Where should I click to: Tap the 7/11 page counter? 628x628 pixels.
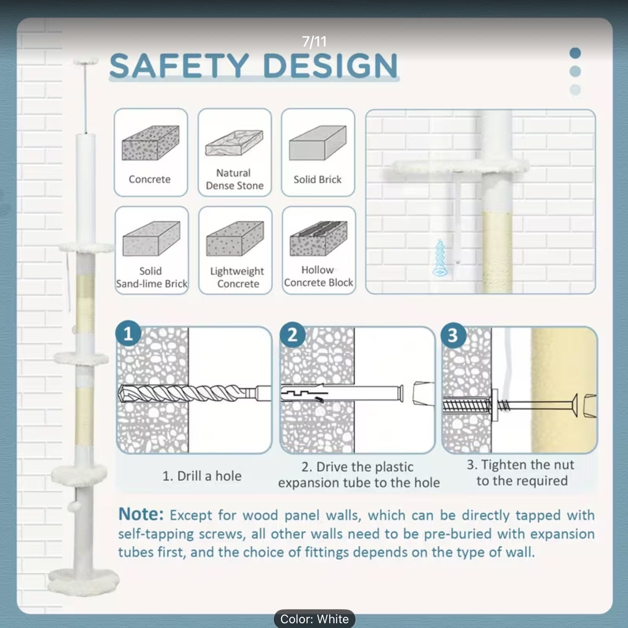click(x=314, y=42)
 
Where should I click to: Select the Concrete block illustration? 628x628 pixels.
click(x=150, y=143)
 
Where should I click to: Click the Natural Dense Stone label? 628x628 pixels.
click(x=234, y=179)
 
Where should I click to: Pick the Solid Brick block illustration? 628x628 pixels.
click(x=318, y=143)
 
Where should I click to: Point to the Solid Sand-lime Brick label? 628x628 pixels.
click(x=152, y=277)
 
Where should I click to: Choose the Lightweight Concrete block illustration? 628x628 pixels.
click(x=235, y=239)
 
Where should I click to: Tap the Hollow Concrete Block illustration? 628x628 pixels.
click(x=319, y=239)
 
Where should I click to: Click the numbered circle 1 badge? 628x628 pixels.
click(x=128, y=334)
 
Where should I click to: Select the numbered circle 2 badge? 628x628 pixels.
click(x=292, y=335)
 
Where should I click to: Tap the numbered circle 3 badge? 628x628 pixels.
click(x=453, y=335)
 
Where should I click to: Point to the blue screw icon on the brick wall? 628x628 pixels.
click(x=440, y=258)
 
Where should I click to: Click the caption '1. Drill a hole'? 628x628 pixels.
click(x=202, y=476)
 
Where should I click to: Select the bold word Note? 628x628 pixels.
click(x=141, y=514)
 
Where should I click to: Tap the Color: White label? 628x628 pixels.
click(x=315, y=619)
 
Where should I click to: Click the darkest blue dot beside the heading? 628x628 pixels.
click(x=575, y=53)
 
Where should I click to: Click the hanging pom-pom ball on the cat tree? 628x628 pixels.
click(x=74, y=507)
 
